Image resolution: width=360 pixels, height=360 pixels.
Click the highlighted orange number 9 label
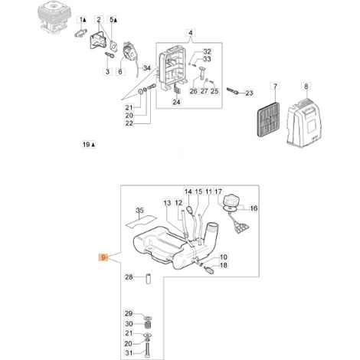point(103,257)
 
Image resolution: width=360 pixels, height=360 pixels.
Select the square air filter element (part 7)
point(269,119)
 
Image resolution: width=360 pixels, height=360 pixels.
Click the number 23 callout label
point(249,93)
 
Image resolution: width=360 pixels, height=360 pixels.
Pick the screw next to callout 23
point(233,90)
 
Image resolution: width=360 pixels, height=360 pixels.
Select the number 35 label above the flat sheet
point(139,211)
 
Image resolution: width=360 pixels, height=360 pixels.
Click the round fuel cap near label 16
point(231,200)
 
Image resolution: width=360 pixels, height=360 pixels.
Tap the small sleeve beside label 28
point(149,279)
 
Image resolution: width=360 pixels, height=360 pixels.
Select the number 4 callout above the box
point(191,33)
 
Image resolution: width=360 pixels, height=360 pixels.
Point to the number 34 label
point(147,68)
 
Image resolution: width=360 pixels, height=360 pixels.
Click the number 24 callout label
point(176,102)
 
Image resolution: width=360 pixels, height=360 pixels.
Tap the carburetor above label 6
point(130,52)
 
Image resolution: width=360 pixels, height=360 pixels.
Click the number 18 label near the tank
point(224,265)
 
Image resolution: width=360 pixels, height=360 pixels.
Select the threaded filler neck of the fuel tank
point(211,232)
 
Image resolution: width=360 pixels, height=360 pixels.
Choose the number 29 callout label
point(129,313)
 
